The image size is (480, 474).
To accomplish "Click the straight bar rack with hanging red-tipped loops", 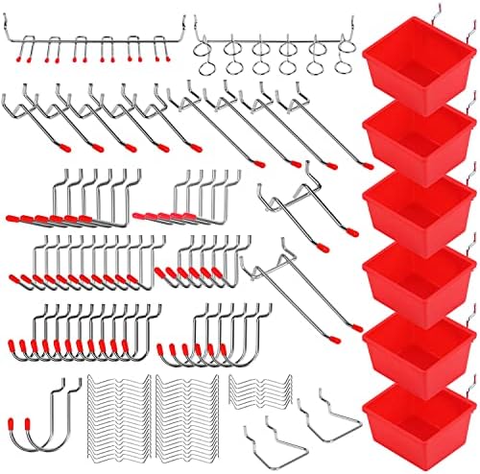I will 97,43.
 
